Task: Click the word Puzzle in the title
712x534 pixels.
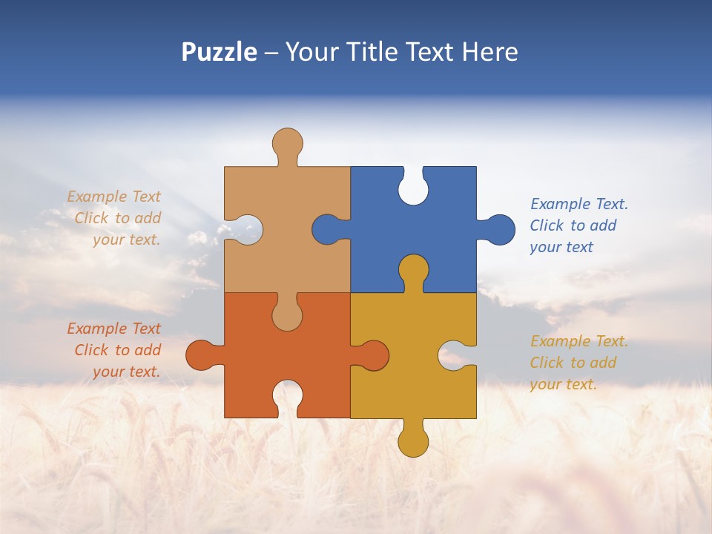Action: tap(220, 53)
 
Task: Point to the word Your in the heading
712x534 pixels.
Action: tap(314, 53)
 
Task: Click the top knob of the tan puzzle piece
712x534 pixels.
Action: tap(287, 144)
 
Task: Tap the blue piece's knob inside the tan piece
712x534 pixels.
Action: tap(327, 229)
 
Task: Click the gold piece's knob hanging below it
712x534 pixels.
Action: tap(413, 441)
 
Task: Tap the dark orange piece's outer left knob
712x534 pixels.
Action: tap(201, 355)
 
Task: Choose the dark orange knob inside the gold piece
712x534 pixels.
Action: tap(373, 355)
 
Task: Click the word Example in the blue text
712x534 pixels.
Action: tap(561, 204)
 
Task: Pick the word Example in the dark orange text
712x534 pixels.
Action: tap(97, 329)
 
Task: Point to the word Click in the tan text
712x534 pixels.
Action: tap(92, 218)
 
